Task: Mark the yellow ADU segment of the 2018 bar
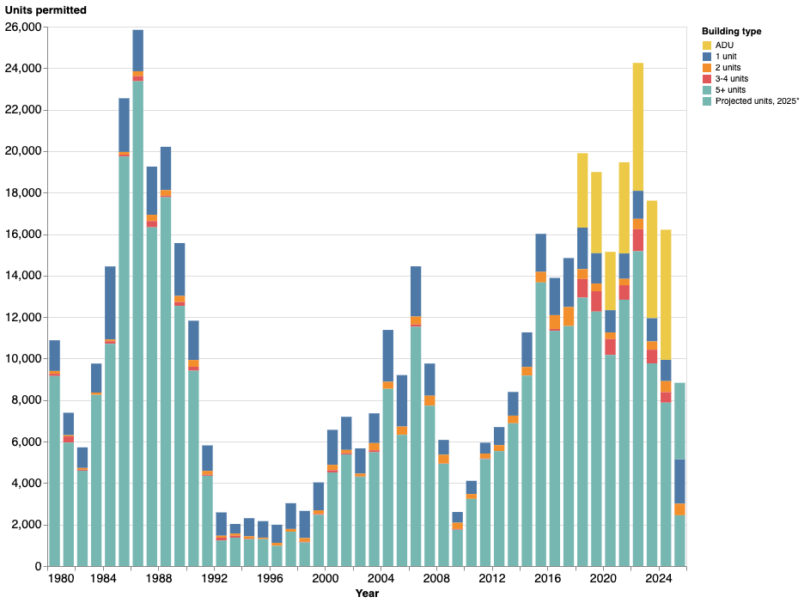coord(582,190)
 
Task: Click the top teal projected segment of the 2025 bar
coord(679,421)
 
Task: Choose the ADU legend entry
coord(724,45)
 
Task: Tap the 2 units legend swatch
coord(707,67)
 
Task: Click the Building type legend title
coord(731,31)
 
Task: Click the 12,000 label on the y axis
coord(23,318)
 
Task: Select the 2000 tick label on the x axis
coord(325,579)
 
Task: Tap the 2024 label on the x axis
coord(659,579)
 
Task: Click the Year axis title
coord(367,594)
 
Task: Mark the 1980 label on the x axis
coord(61,579)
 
